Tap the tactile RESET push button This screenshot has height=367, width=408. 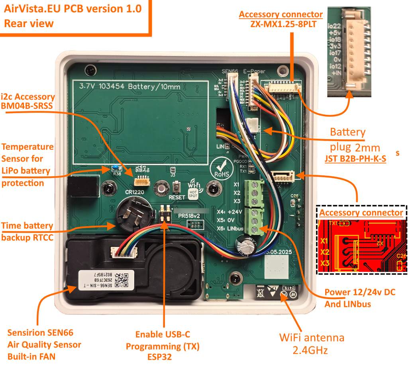coord(177,186)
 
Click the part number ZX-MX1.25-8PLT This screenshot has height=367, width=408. coord(281,24)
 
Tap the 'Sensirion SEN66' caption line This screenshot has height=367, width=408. coord(41,332)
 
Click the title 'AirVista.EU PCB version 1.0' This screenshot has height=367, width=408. coord(73,8)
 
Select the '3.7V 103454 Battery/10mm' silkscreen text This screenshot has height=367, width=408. coord(130,86)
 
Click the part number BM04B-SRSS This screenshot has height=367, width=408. coord(27,106)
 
